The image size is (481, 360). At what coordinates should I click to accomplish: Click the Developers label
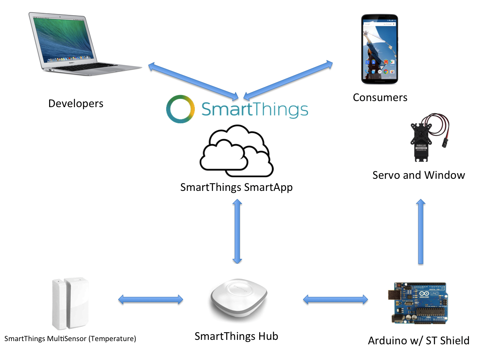click(76, 103)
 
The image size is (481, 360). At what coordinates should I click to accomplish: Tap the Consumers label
click(380, 97)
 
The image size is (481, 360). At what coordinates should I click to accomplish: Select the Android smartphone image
click(380, 49)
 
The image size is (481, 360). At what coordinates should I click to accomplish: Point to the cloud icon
click(237, 151)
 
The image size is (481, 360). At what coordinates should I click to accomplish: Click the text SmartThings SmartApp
click(236, 187)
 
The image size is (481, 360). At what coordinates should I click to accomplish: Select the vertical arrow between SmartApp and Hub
click(237, 231)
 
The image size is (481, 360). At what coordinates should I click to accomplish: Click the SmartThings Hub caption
click(236, 336)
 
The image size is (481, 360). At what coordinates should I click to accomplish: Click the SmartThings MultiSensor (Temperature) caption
click(70, 339)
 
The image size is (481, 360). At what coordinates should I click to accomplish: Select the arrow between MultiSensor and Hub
click(151, 300)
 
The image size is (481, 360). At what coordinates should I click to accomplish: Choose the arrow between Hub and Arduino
click(335, 299)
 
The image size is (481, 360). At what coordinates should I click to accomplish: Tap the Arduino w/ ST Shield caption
click(419, 341)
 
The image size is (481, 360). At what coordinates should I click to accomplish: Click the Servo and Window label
click(419, 175)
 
